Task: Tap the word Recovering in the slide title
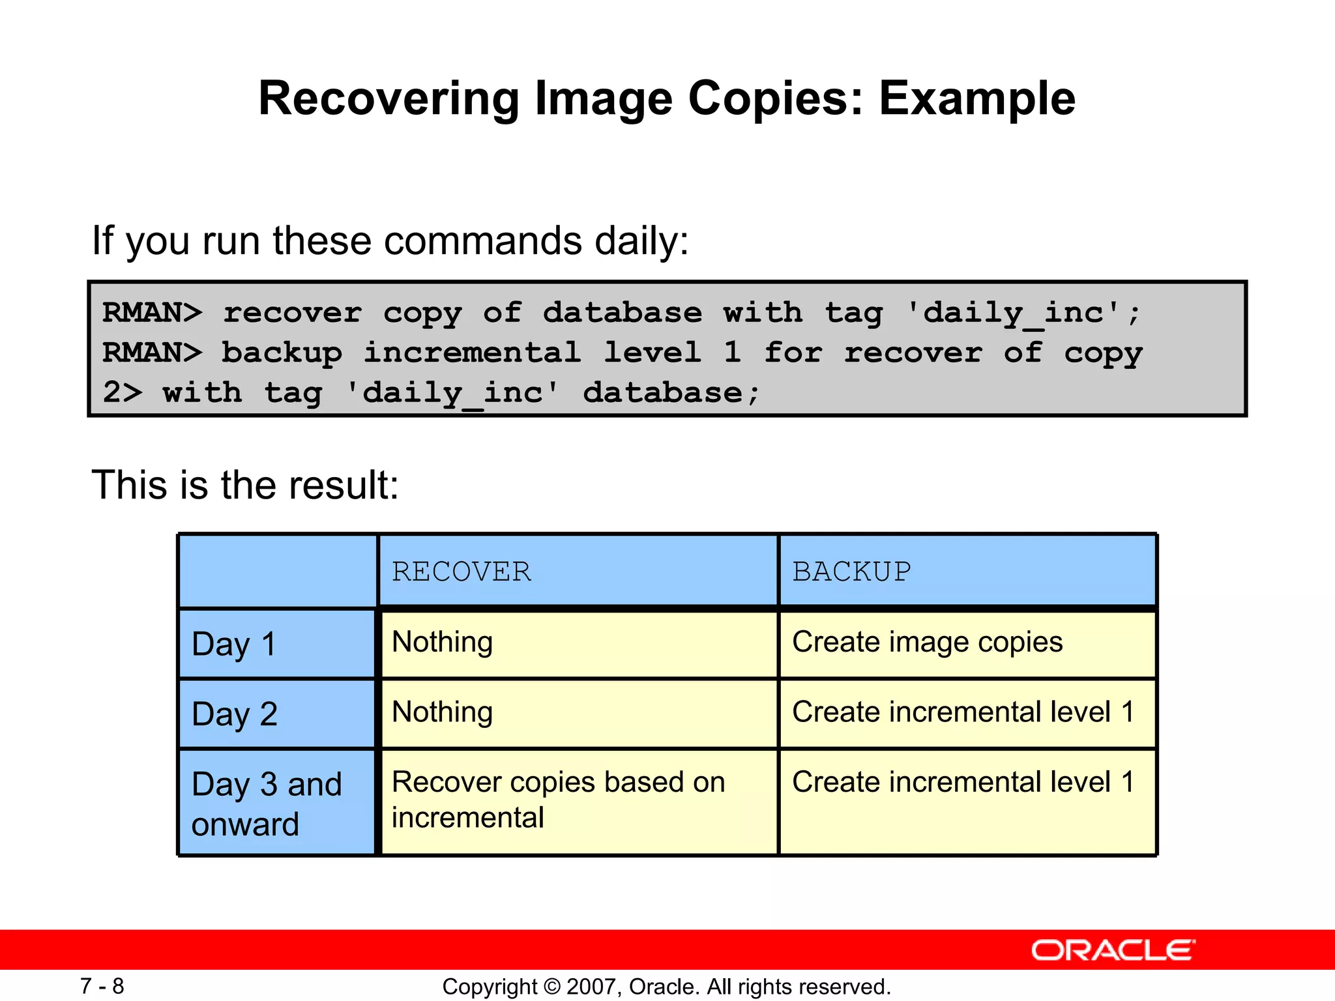(389, 99)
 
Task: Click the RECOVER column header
(462, 572)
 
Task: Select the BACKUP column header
(851, 572)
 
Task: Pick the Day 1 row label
(235, 644)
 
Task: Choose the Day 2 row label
(235, 714)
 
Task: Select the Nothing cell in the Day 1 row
(442, 642)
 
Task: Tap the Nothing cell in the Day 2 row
(442, 712)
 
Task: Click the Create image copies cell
(927, 642)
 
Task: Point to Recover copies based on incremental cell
(558, 800)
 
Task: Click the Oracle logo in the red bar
(1113, 950)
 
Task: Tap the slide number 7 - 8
(102, 986)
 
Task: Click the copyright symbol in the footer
(551, 987)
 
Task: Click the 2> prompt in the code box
(122, 392)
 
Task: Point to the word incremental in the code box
(472, 353)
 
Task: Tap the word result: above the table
(344, 486)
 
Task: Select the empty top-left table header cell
(278, 572)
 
